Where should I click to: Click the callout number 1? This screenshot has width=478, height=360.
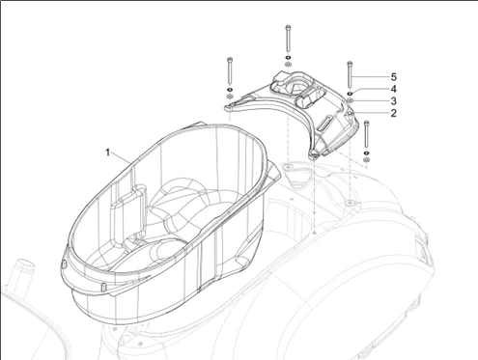(x=108, y=152)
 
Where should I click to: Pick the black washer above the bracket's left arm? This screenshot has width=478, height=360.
(x=230, y=89)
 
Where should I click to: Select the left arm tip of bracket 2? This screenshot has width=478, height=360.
(x=230, y=109)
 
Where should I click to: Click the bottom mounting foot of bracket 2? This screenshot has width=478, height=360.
(x=314, y=154)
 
